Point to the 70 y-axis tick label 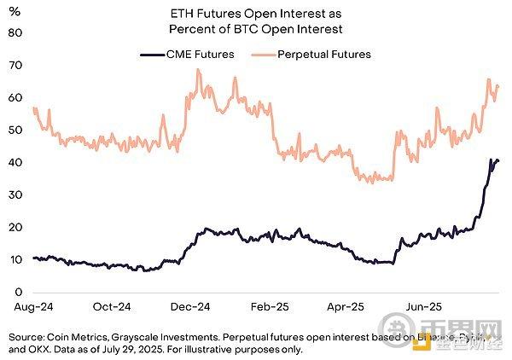[x=15, y=66]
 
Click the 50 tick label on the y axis [x=15, y=131]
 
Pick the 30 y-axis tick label [x=15, y=195]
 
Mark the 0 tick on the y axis [x=18, y=293]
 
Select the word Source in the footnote [x=24, y=337]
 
